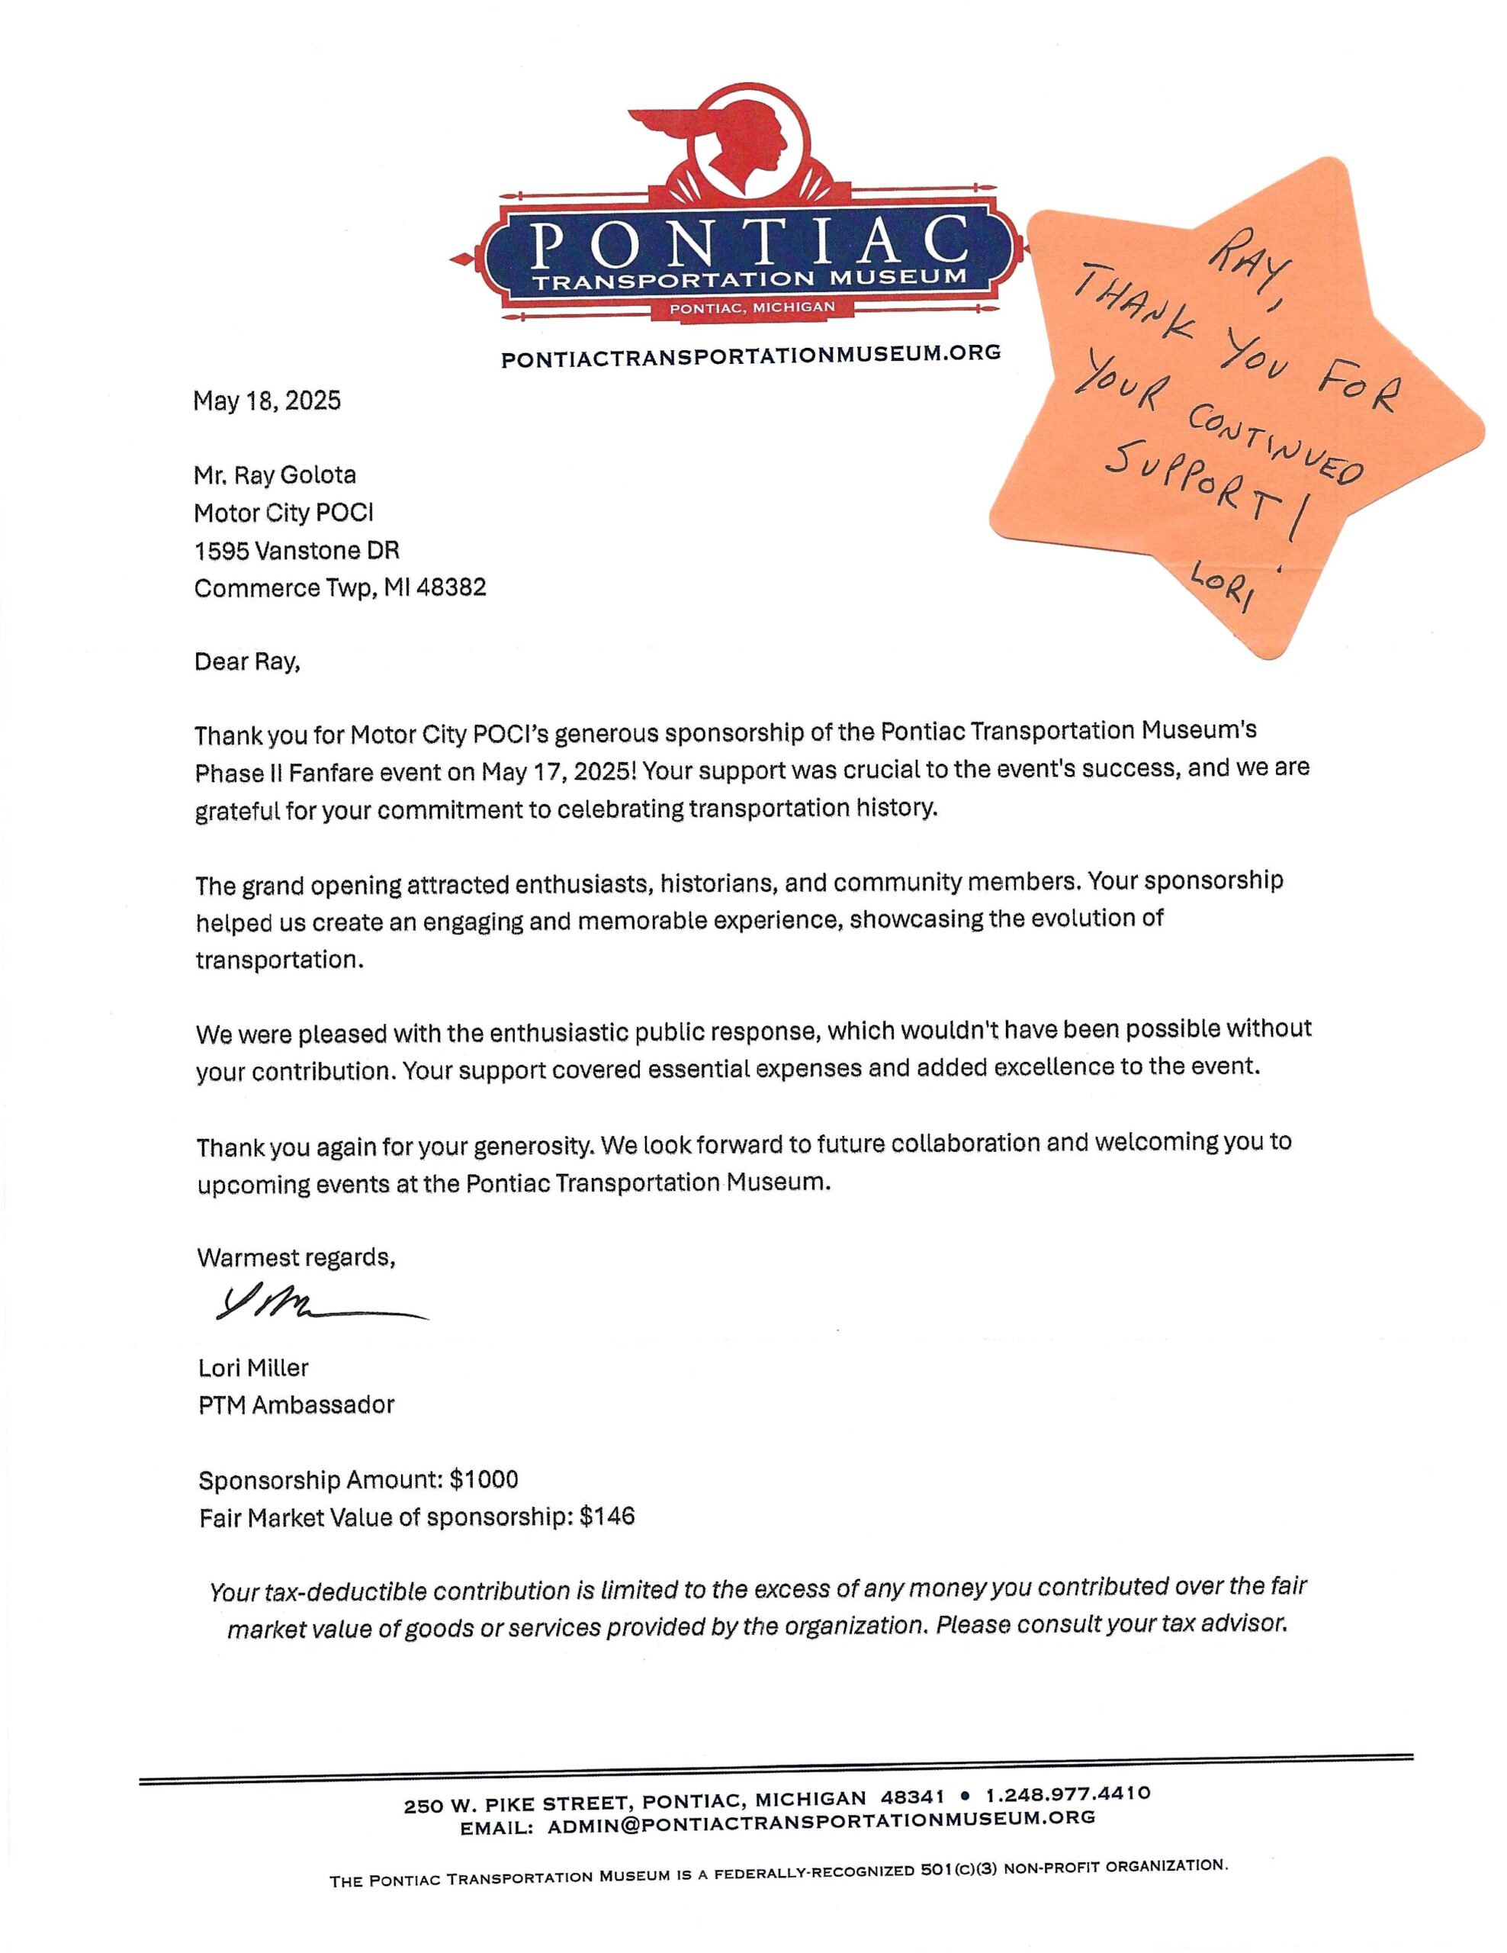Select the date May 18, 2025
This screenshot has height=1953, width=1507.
266,401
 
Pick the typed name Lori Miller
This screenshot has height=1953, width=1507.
253,1367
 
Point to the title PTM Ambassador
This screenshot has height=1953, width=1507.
296,1404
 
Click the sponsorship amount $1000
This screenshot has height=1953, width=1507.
484,1480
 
